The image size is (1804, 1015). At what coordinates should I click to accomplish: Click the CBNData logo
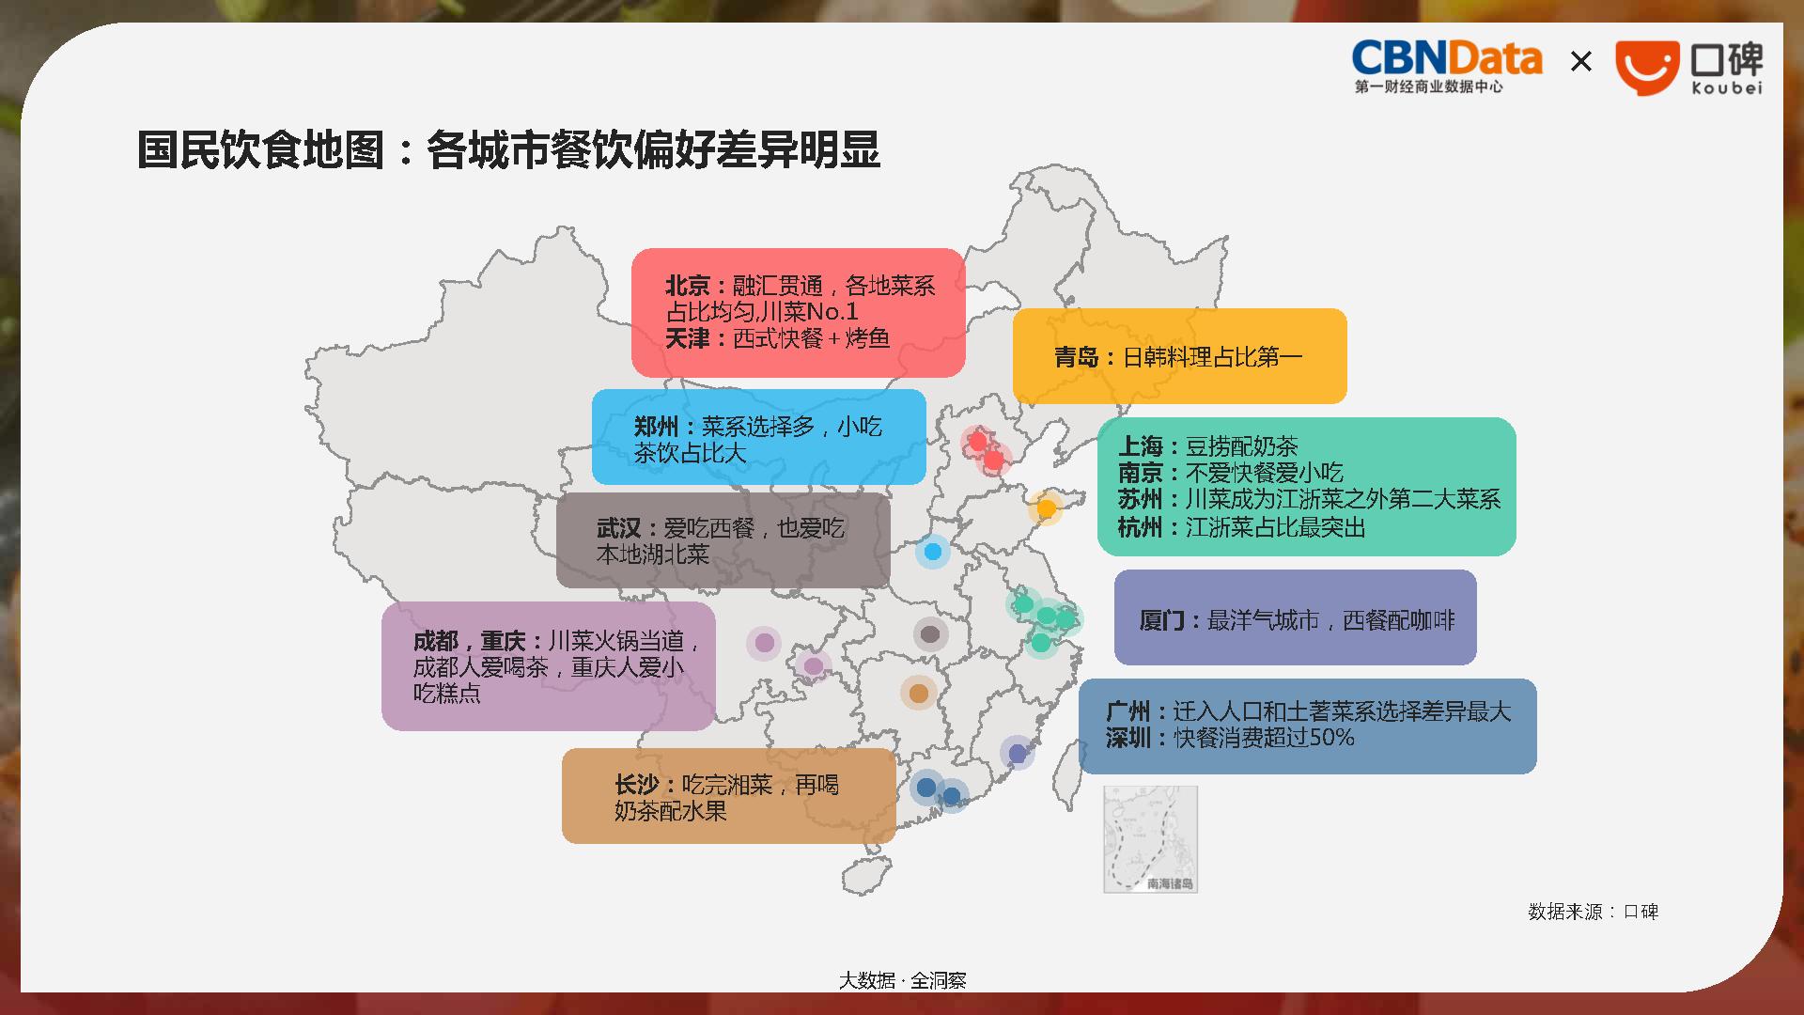[x=1447, y=67]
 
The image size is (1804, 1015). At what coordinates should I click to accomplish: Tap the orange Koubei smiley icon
[x=1647, y=68]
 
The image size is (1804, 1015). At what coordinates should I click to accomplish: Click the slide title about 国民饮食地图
[x=508, y=149]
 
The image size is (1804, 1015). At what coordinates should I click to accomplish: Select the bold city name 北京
[x=688, y=286]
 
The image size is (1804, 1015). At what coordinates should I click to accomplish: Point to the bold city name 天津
[x=688, y=338]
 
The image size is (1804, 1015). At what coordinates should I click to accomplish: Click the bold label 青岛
[x=1077, y=357]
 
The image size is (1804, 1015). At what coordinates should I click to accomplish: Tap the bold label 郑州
[x=657, y=427]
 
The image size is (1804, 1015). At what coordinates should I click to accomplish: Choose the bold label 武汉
[x=619, y=528]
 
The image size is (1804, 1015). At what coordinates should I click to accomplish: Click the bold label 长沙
[x=637, y=785]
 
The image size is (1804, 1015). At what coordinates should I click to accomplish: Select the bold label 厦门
[x=1162, y=620]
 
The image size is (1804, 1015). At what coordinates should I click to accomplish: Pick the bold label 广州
[x=1128, y=711]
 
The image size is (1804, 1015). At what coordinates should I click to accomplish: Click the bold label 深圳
[x=1128, y=738]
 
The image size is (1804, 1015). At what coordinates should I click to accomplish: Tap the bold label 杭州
[x=1141, y=527]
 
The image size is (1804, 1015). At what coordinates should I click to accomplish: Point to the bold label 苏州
[x=1141, y=499]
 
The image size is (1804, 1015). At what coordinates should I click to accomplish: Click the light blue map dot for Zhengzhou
[x=933, y=552]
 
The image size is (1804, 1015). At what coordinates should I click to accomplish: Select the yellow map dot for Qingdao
[x=1046, y=508]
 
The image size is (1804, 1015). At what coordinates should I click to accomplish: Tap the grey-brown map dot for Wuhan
[x=930, y=634]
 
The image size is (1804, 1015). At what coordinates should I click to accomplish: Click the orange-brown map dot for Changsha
[x=919, y=694]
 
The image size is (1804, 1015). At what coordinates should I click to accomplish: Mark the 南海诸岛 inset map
[x=1150, y=839]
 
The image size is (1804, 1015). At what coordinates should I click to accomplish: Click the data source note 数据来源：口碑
[x=1593, y=912]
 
